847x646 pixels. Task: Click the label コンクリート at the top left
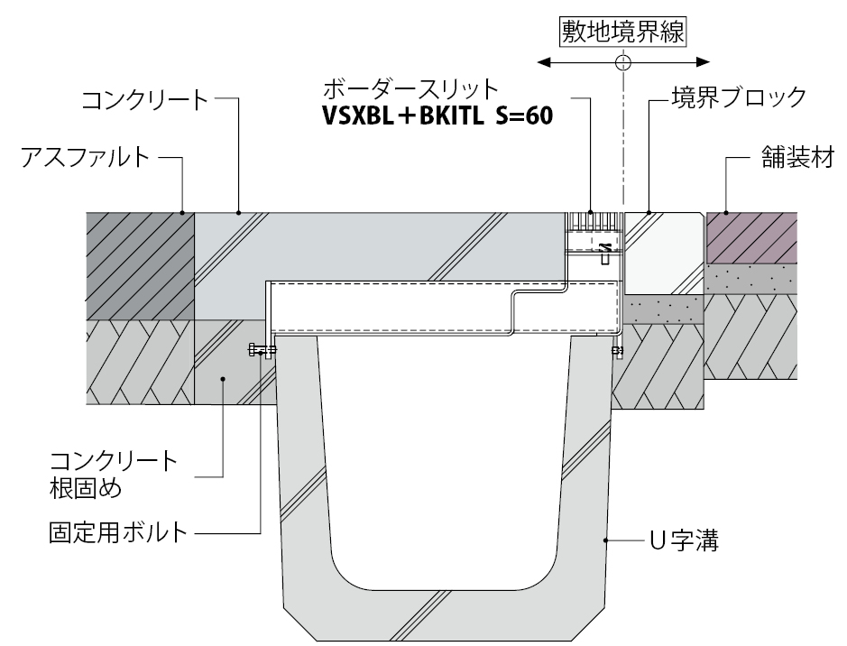(x=144, y=98)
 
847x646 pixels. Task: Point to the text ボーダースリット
(x=410, y=90)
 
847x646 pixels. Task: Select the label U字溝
(x=683, y=542)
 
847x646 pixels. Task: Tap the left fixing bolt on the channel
(x=262, y=350)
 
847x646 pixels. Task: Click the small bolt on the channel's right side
(x=618, y=350)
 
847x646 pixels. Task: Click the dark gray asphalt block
(x=140, y=266)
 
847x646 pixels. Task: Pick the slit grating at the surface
(x=593, y=219)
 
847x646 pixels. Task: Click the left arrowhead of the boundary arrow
(x=542, y=63)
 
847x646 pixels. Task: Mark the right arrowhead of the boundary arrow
(x=703, y=63)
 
